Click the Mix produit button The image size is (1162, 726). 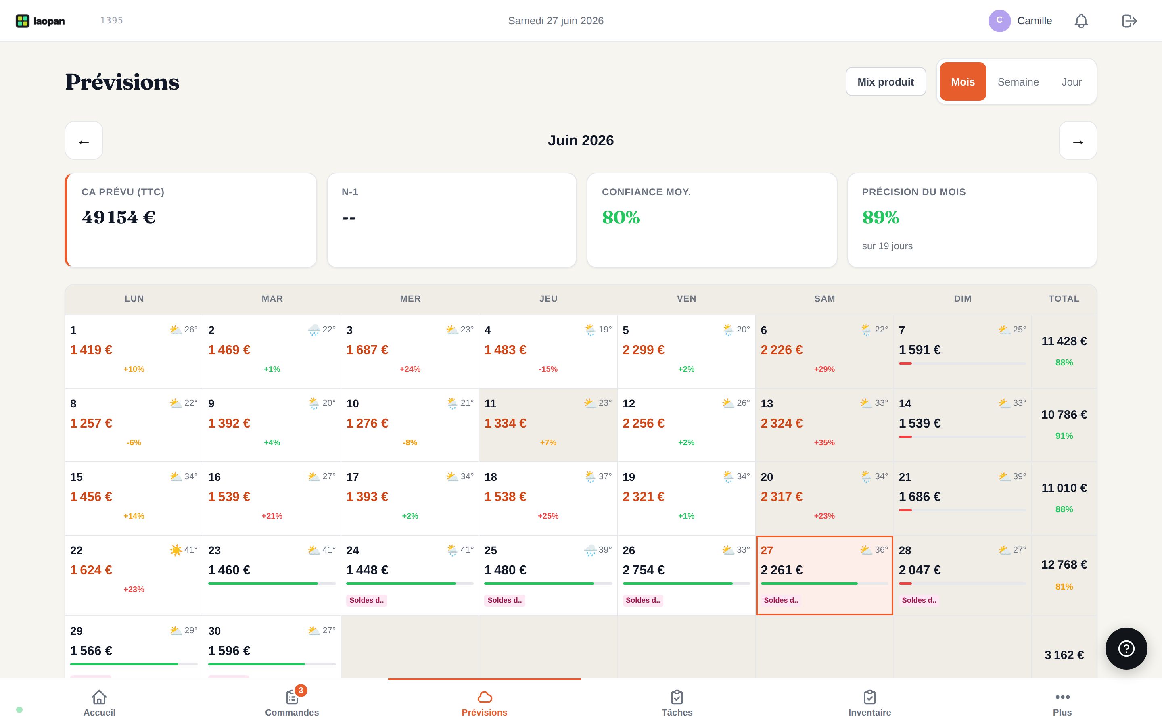tap(886, 81)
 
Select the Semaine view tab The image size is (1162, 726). tap(1018, 81)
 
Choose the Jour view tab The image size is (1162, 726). tap(1071, 81)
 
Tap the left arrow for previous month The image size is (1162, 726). tap(84, 141)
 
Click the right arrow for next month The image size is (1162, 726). tap(1078, 141)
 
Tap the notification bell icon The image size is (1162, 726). tap(1081, 21)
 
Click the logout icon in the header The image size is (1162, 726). tap(1129, 21)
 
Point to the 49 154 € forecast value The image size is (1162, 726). tap(119, 217)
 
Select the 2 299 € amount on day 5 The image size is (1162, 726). tap(644, 350)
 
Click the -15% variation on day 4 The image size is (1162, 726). tap(548, 369)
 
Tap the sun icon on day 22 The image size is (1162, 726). tap(176, 550)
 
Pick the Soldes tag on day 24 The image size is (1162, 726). tap(367, 600)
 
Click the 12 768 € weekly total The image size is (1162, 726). tap(1064, 565)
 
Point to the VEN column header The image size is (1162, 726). tap(687, 298)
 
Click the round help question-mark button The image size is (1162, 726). tap(1126, 648)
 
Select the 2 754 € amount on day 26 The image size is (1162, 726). tap(644, 570)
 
